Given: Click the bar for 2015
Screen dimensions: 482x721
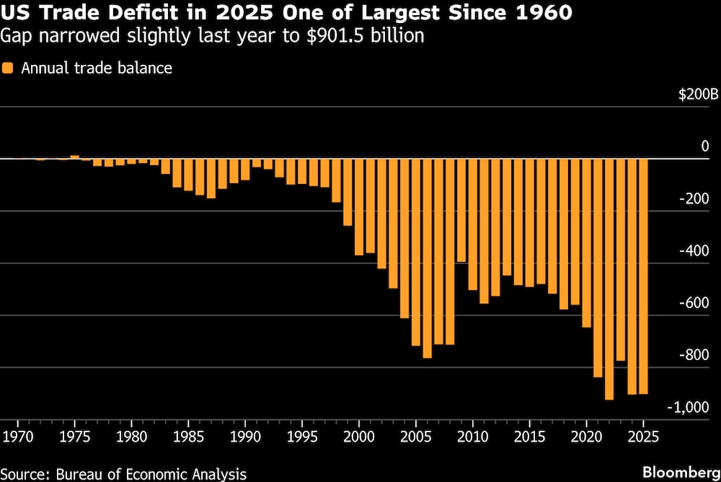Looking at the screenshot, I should tap(529, 223).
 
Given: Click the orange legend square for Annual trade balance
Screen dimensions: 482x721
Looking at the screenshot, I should tap(8, 69).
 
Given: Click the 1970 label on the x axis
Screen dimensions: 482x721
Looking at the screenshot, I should tap(17, 437).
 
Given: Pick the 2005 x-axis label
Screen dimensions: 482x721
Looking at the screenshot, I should tap(415, 437).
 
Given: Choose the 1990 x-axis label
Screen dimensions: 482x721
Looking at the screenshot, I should tap(245, 437).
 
